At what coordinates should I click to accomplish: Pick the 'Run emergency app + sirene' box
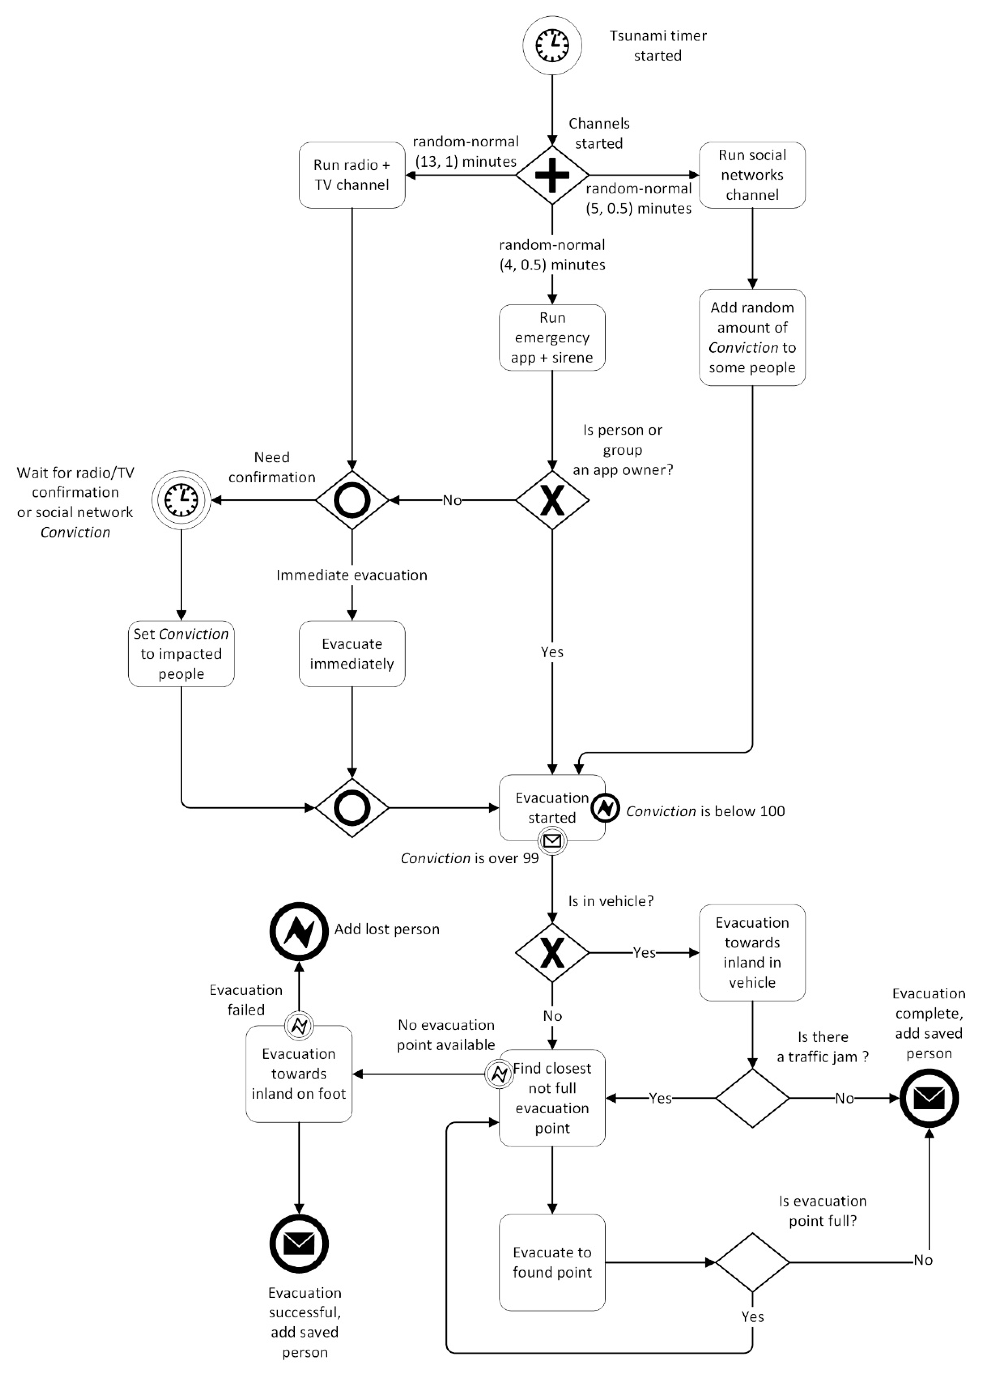point(552,338)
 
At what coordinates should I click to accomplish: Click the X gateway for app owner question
point(552,500)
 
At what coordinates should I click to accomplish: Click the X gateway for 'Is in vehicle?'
point(552,953)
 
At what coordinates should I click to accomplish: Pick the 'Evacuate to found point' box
point(552,1262)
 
